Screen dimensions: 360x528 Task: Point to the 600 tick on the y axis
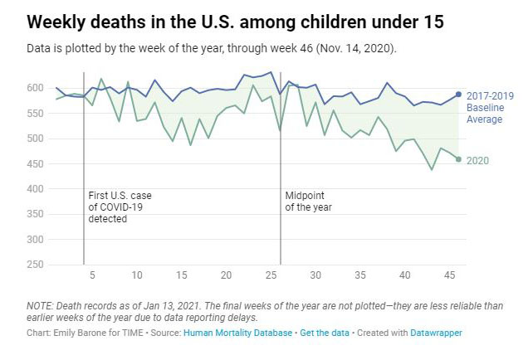[35, 88]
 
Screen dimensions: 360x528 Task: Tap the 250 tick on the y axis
[35, 265]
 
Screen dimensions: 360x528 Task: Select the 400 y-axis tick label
[35, 189]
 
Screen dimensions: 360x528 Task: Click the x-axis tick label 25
[271, 275]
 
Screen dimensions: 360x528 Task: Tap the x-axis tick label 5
[92, 275]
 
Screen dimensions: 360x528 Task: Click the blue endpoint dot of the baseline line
[459, 95]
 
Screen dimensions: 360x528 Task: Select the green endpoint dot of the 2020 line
[459, 158]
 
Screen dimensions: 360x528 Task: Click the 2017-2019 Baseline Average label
[489, 107]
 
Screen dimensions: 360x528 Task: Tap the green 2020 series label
[478, 159]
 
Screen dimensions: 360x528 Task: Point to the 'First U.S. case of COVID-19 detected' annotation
[120, 207]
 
